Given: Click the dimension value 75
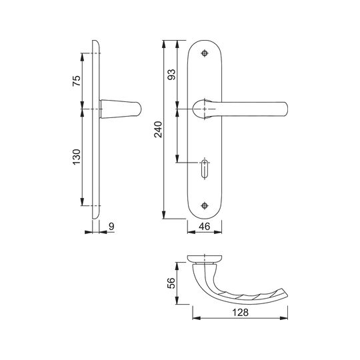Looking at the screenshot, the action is click(77, 81).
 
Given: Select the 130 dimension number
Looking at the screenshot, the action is click(77, 157).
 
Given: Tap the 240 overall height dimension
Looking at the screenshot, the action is click(158, 129).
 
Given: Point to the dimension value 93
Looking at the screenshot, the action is click(171, 75).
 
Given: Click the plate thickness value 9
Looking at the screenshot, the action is click(111, 227).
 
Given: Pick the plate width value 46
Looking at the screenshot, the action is click(205, 227).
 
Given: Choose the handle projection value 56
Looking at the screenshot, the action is click(171, 283).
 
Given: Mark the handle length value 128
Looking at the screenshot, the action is click(240, 312).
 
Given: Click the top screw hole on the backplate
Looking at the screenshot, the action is click(205, 53).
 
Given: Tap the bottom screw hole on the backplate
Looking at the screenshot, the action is click(205, 205).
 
